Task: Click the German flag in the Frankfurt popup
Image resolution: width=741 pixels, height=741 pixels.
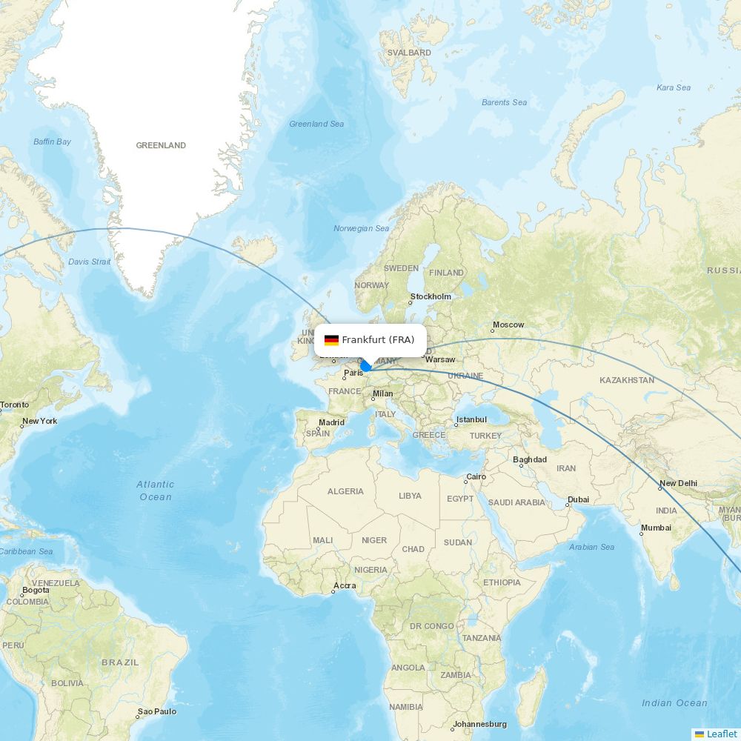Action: (x=331, y=340)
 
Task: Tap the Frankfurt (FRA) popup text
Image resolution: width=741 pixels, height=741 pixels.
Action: (x=378, y=340)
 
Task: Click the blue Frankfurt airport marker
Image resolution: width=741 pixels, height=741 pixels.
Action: (x=365, y=366)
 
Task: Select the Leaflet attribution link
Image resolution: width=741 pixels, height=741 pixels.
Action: (x=721, y=734)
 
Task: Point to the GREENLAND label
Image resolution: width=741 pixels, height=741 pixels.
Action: (x=161, y=146)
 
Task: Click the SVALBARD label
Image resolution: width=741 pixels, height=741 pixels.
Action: (x=410, y=53)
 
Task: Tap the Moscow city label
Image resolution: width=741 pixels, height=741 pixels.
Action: (x=508, y=325)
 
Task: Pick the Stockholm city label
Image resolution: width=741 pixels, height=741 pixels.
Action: (x=431, y=297)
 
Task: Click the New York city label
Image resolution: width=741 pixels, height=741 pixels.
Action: (x=39, y=422)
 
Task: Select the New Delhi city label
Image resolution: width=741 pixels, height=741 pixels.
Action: (x=678, y=483)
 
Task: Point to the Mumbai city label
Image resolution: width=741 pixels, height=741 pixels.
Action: (x=656, y=528)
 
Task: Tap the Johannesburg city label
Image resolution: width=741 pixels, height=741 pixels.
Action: (x=479, y=724)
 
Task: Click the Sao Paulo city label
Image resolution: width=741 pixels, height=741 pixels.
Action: (x=157, y=711)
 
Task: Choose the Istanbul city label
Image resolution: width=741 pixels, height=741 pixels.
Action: (x=471, y=420)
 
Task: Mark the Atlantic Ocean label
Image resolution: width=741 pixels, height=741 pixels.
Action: (x=156, y=491)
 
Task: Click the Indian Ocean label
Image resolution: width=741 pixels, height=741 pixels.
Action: (x=674, y=703)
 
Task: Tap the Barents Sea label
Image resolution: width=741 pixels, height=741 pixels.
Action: (x=505, y=102)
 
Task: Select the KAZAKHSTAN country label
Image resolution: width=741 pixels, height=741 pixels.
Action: (x=627, y=380)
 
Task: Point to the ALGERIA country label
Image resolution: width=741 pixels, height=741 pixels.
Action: (x=345, y=491)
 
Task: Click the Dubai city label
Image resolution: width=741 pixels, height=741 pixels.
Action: (x=578, y=499)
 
